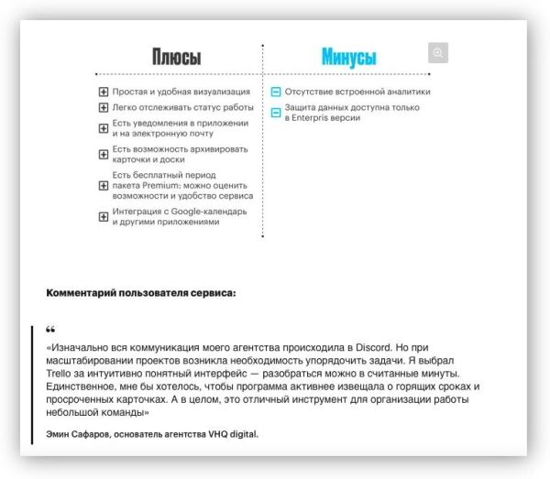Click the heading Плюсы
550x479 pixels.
point(177,57)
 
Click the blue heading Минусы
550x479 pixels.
point(348,57)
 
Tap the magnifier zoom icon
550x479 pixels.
point(438,53)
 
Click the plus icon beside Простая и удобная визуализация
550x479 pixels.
point(104,92)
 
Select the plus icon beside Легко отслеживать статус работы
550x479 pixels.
point(104,107)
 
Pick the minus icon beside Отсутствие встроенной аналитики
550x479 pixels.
point(276,92)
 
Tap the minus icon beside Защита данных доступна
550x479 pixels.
point(276,113)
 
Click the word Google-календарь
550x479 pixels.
point(214,211)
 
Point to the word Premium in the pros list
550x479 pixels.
point(162,185)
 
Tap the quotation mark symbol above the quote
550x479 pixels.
point(50,330)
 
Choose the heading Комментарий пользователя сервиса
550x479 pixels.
point(140,294)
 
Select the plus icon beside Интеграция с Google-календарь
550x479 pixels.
point(104,216)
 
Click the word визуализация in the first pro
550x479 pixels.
point(215,92)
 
